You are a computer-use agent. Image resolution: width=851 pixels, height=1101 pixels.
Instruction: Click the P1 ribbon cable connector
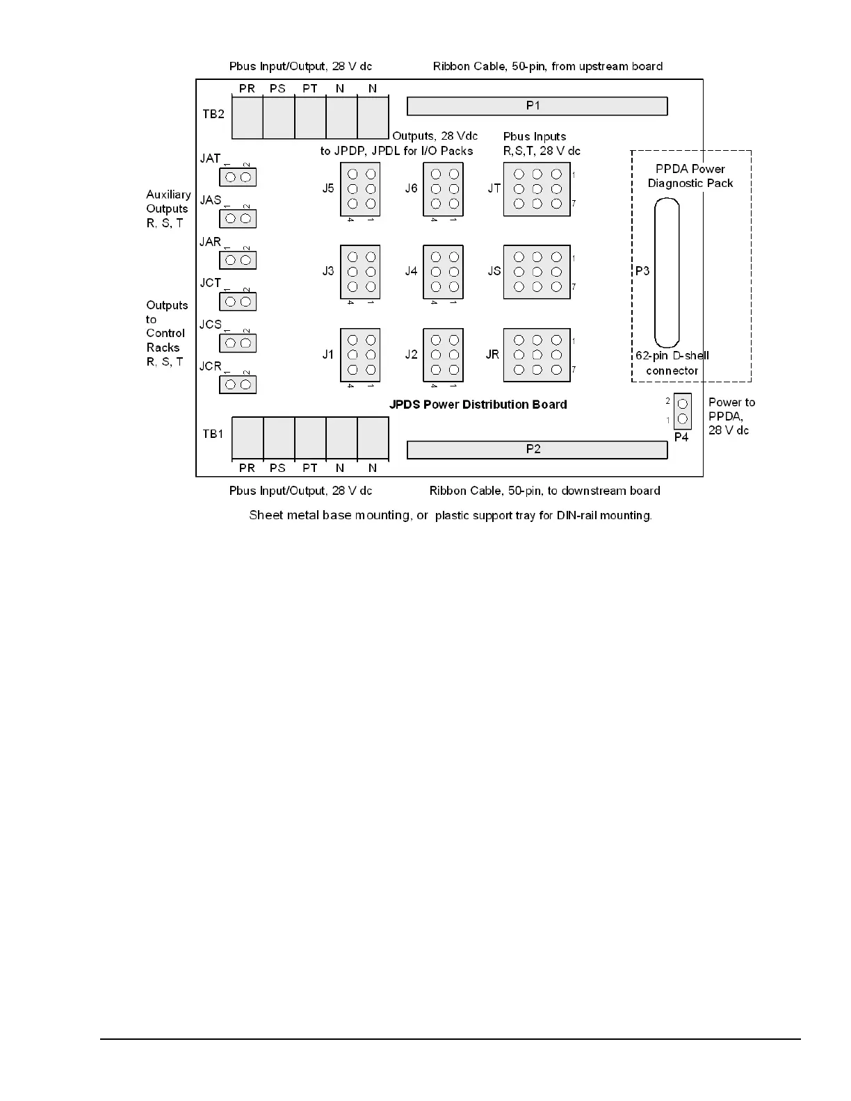tap(537, 106)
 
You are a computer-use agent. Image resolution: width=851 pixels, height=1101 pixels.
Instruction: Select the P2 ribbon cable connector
tap(537, 450)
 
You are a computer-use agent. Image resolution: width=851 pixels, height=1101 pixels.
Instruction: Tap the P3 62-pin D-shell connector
tap(666, 272)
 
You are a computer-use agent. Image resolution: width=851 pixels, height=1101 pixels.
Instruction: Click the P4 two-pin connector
tap(682, 411)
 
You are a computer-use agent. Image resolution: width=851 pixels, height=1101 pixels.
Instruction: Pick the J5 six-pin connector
tap(360, 189)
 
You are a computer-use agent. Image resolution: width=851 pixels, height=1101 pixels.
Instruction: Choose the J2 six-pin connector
tap(444, 355)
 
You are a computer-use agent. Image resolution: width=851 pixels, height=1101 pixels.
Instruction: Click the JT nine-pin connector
tap(537, 189)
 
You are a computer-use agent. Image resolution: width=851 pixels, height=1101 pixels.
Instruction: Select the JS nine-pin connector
tap(537, 272)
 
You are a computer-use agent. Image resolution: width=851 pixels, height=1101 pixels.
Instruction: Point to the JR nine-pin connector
tap(537, 355)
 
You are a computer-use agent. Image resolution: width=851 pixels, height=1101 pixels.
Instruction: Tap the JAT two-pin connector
tap(238, 177)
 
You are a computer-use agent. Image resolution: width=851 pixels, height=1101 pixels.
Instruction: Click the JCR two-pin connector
tap(238, 384)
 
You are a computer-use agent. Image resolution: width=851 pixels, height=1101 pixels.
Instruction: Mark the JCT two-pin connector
tap(238, 302)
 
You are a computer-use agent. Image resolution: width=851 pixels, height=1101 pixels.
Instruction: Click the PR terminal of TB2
tap(247, 117)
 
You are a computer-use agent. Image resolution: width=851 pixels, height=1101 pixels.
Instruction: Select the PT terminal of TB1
tap(310, 438)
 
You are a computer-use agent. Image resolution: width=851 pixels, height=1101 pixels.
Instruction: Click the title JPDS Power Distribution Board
tap(478, 405)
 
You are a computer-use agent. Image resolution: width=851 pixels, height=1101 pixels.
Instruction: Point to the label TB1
tap(213, 434)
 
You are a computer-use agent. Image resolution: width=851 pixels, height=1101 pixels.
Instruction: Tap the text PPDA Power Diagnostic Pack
tap(690, 176)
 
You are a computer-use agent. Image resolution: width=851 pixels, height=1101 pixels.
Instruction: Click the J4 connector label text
tap(412, 271)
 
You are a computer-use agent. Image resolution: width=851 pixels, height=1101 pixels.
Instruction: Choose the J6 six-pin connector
tap(444, 189)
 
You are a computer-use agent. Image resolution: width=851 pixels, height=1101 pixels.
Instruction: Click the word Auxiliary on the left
tap(168, 195)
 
